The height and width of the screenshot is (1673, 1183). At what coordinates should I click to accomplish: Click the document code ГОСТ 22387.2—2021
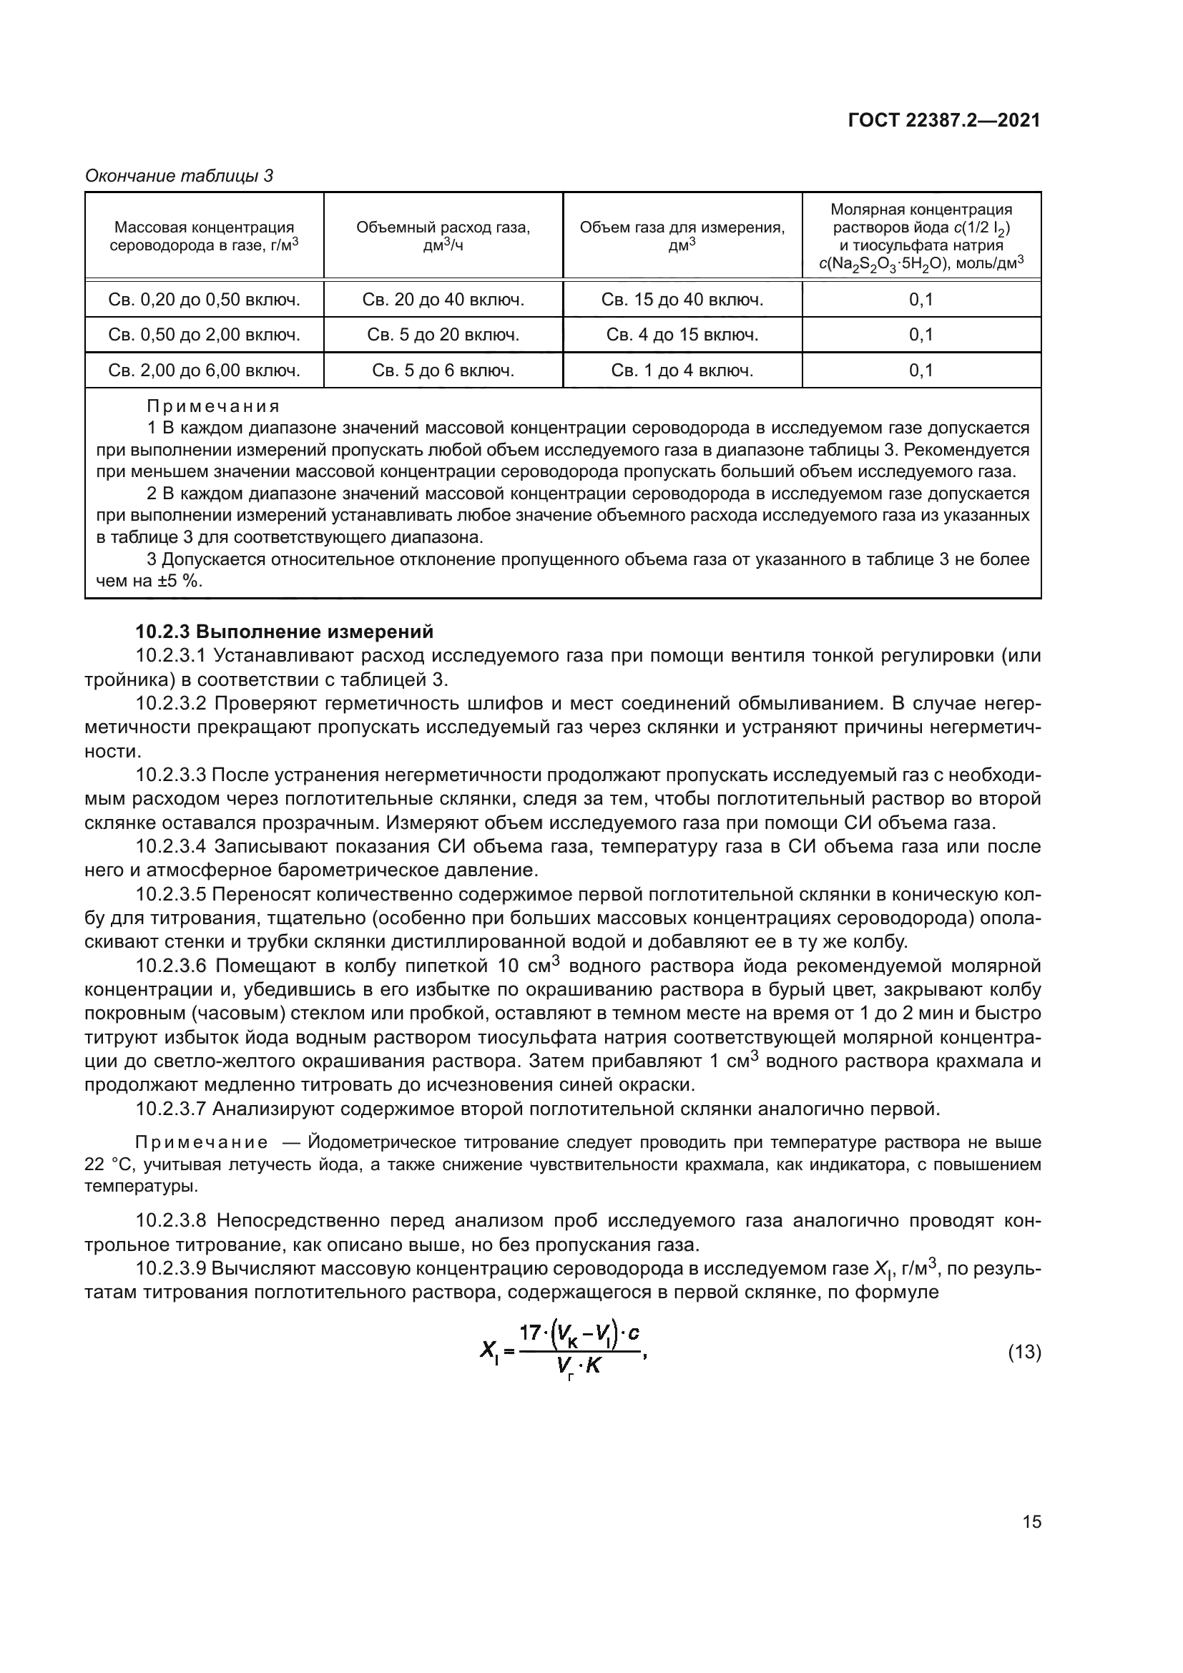[944, 120]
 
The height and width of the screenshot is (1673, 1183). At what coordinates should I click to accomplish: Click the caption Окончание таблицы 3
[180, 176]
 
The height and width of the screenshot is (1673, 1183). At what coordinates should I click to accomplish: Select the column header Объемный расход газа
[443, 227]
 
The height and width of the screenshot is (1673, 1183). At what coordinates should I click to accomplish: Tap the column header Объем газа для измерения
[682, 227]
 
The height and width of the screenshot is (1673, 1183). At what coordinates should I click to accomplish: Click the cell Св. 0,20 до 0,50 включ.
[204, 300]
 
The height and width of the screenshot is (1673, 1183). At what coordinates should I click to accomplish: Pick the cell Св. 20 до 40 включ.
[443, 300]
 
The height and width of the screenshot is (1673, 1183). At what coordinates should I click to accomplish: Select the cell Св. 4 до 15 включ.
[682, 335]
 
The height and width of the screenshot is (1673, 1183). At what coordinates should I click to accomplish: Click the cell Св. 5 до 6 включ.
[443, 371]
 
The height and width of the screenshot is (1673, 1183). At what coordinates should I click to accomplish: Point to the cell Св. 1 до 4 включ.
[682, 371]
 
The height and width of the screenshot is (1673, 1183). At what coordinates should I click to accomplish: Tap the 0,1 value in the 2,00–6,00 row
[921, 371]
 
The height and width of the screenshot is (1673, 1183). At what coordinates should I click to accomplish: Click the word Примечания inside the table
[212, 406]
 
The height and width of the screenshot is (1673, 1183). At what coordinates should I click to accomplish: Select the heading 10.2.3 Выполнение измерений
[284, 631]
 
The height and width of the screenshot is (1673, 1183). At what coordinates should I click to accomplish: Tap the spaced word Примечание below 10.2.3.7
[201, 1142]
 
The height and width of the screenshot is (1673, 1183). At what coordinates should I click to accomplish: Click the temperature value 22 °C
[109, 1164]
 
